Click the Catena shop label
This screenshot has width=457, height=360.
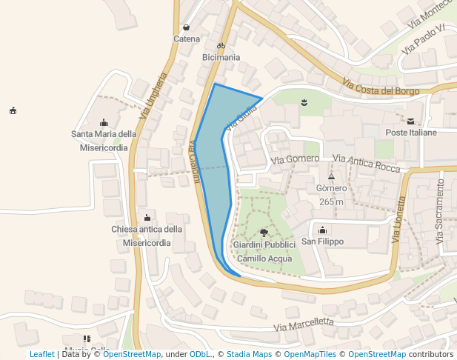(187, 39)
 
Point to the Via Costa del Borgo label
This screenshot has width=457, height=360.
(381, 87)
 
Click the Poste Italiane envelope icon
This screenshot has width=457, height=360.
(411, 120)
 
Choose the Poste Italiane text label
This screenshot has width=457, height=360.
(411, 132)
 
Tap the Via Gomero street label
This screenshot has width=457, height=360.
(295, 159)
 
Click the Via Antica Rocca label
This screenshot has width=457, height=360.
(366, 163)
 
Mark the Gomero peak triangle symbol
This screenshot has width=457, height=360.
(331, 177)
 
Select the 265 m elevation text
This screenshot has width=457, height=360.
(331, 201)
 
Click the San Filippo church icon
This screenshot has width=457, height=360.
(322, 230)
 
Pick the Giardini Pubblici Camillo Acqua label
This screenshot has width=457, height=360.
(264, 251)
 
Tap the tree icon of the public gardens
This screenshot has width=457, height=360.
(264, 233)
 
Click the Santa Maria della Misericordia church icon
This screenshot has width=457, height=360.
(104, 123)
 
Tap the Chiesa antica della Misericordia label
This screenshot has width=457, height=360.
(147, 236)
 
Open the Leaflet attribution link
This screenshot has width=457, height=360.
(42, 354)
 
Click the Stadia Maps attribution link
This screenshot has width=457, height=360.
(249, 354)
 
